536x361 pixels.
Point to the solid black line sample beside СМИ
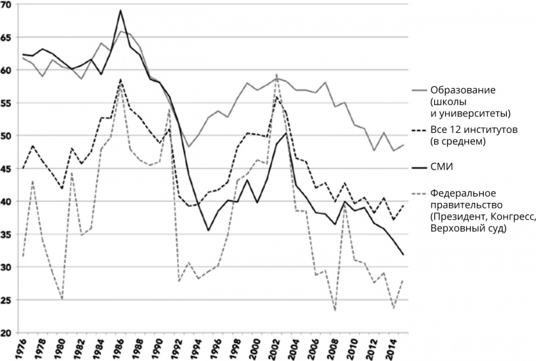[x=421, y=167]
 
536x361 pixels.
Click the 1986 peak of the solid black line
[x=121, y=10]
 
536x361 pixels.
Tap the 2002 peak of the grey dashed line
[x=277, y=75]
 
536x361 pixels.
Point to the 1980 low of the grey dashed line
[x=62, y=299]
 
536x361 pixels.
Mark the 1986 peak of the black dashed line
[x=121, y=79]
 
